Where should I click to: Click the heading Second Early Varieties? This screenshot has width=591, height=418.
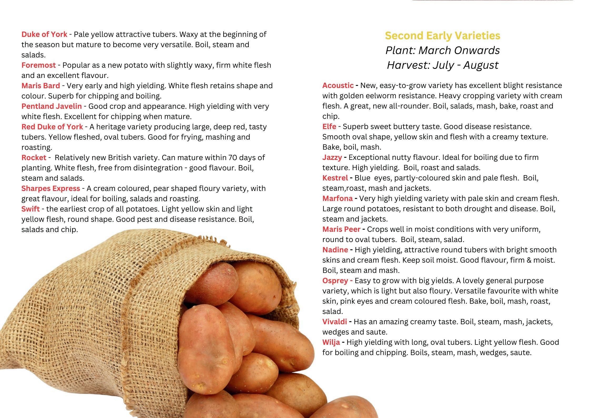point(443,36)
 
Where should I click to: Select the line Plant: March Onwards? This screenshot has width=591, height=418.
point(443,50)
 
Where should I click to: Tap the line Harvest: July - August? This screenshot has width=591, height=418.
point(443,65)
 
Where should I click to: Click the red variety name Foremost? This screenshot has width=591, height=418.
point(38,65)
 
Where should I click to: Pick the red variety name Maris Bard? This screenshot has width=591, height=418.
point(41,86)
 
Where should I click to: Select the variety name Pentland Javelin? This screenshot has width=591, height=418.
point(52,106)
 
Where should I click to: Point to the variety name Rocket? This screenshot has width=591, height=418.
point(34,158)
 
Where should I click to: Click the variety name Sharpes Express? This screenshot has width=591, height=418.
point(51,188)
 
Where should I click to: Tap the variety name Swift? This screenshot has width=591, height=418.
point(31,209)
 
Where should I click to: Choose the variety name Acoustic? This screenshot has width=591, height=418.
point(338,85)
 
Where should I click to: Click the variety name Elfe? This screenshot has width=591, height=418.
point(329,126)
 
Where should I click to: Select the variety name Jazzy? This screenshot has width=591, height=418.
point(332,157)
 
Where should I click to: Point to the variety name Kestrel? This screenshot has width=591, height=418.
point(335,178)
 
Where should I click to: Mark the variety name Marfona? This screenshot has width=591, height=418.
point(337,198)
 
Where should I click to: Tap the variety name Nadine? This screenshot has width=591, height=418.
point(335,249)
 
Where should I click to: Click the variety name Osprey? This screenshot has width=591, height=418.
point(335,281)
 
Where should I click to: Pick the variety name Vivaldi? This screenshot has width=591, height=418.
point(334,322)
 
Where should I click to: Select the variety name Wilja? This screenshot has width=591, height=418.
point(331,342)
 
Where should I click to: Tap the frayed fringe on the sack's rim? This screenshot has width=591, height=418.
point(211,241)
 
